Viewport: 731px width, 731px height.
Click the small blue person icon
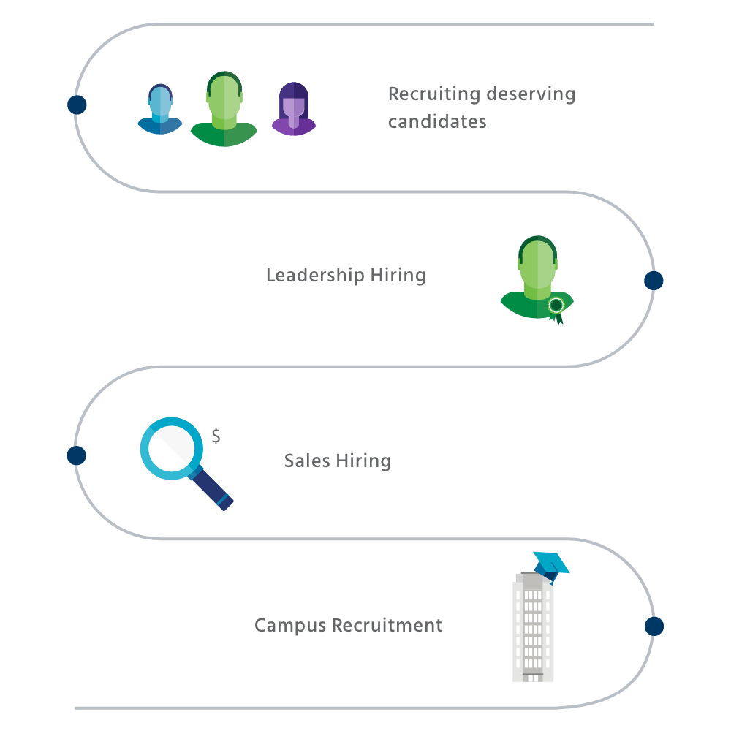[160, 110]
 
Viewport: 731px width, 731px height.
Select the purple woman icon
[294, 110]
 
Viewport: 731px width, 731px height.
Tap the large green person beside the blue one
[224, 110]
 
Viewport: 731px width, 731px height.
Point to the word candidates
[437, 122]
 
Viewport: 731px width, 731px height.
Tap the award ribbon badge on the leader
[556, 306]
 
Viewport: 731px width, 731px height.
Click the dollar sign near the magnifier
[216, 437]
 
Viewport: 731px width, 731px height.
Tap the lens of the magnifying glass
[172, 448]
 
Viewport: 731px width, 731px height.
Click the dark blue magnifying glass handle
[214, 491]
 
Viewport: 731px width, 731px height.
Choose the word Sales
[308, 461]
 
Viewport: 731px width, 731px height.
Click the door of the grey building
[533, 678]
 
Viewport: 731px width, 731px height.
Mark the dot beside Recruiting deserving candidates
[77, 105]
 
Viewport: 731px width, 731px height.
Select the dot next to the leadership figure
[654, 281]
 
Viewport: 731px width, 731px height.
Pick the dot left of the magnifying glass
[77, 456]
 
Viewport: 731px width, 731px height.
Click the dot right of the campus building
[654, 626]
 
